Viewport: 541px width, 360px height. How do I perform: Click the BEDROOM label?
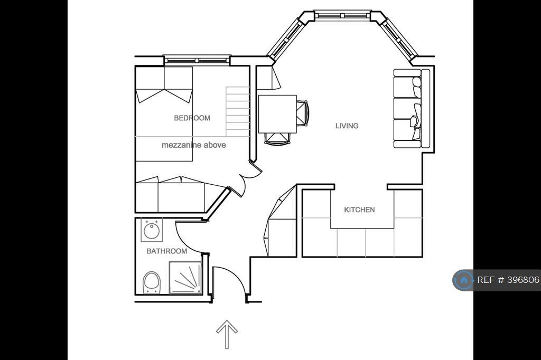coord(192,118)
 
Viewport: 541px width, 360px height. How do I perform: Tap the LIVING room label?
coord(347,126)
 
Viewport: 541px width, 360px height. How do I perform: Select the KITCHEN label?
coord(359,210)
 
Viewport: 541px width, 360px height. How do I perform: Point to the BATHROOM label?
coord(166,251)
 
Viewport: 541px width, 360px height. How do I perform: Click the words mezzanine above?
coord(193,145)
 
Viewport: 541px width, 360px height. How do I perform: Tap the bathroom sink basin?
coord(152,230)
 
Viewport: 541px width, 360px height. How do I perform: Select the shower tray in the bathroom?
coord(185,278)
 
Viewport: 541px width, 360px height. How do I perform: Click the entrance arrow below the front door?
coord(227,334)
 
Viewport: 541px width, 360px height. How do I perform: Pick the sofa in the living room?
coord(412,108)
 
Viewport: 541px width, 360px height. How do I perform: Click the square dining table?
coord(277,114)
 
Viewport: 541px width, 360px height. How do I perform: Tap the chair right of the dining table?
coord(302,114)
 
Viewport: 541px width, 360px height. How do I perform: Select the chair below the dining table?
coord(277,139)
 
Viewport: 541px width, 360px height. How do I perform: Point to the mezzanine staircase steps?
coord(237,111)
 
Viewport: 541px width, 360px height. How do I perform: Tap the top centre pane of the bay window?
coord(342,15)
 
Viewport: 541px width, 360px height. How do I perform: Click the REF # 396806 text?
coord(508,280)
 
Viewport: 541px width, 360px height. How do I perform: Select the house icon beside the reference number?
coord(464,280)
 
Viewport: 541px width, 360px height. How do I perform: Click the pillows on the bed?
coord(164,96)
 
